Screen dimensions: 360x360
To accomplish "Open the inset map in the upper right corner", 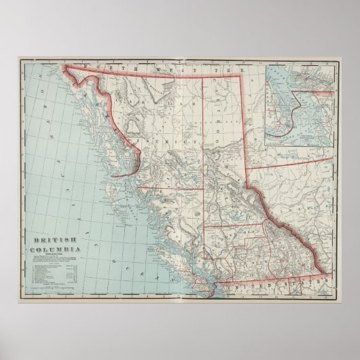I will pyautogui.click(x=300, y=105).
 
